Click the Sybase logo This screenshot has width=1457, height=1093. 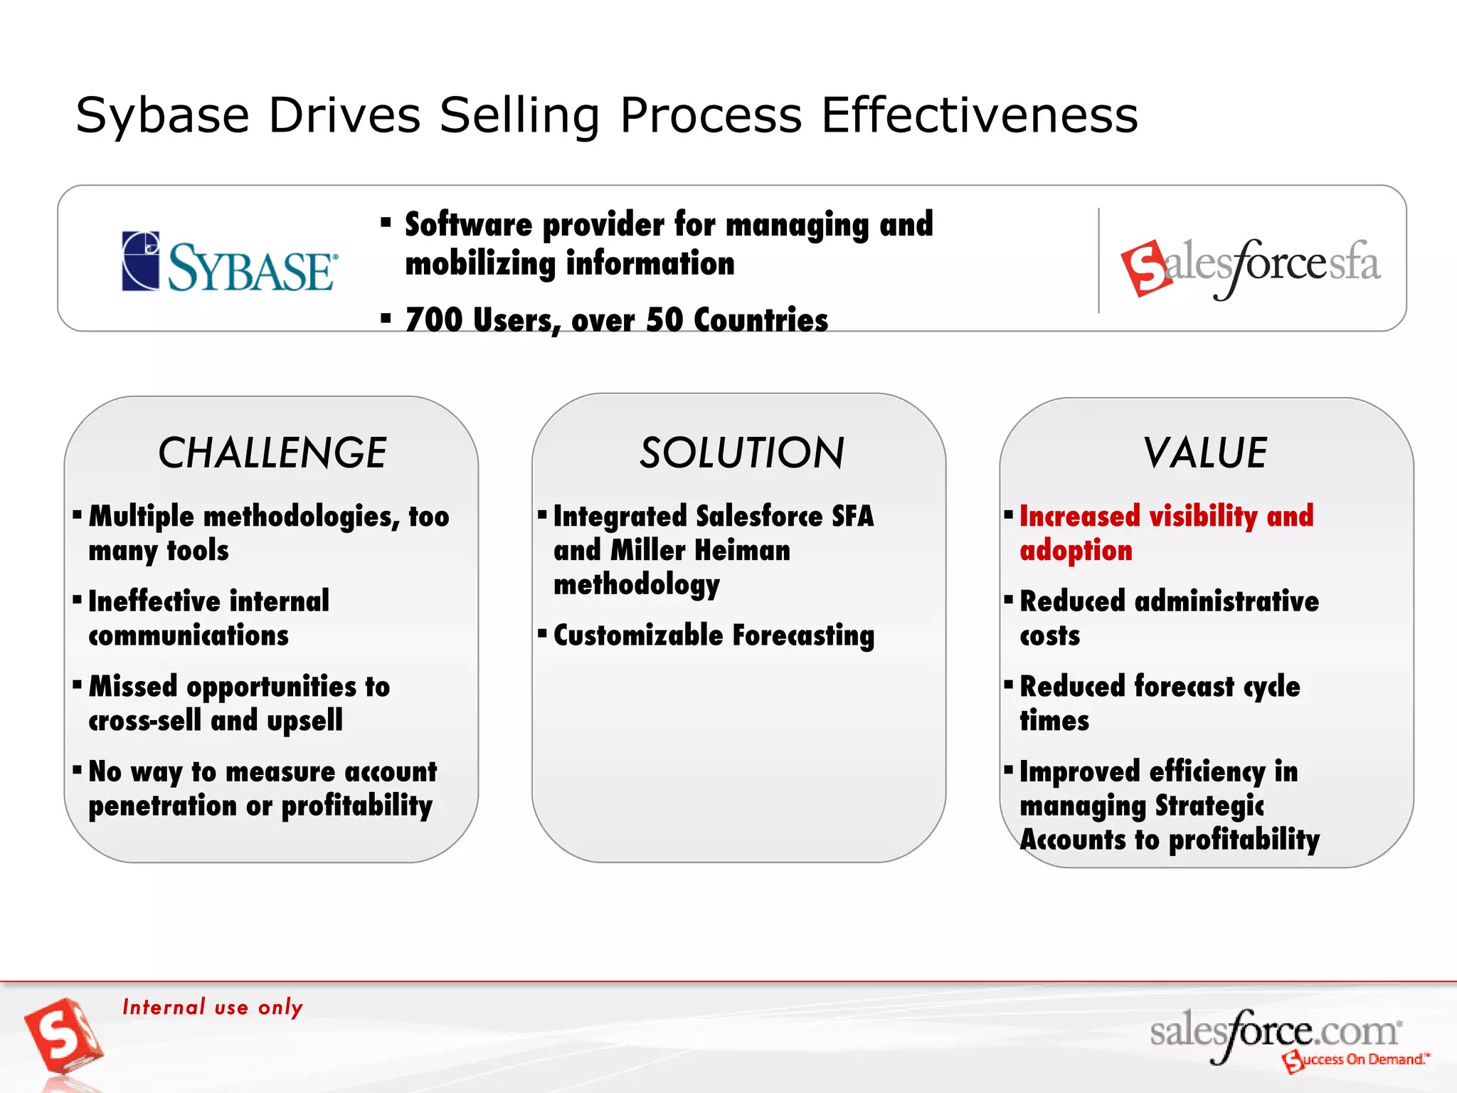[229, 262]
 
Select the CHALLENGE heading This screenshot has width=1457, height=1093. [272, 453]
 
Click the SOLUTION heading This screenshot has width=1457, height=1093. [741, 453]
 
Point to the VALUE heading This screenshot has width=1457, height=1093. [1205, 453]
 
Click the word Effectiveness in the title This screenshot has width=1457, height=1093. [979, 115]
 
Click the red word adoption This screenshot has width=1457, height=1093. [1076, 551]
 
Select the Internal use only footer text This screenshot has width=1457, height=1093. [213, 1007]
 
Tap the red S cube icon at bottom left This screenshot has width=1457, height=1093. [63, 1036]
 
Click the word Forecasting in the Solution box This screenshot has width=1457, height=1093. [803, 635]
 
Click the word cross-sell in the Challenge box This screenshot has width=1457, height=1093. [144, 721]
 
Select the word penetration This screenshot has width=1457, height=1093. [162, 806]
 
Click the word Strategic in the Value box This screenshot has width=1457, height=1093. [1209, 806]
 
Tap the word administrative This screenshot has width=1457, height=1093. [1226, 601]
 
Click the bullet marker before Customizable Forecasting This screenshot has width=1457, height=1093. [542, 632]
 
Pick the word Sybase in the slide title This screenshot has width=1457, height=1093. [162, 115]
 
